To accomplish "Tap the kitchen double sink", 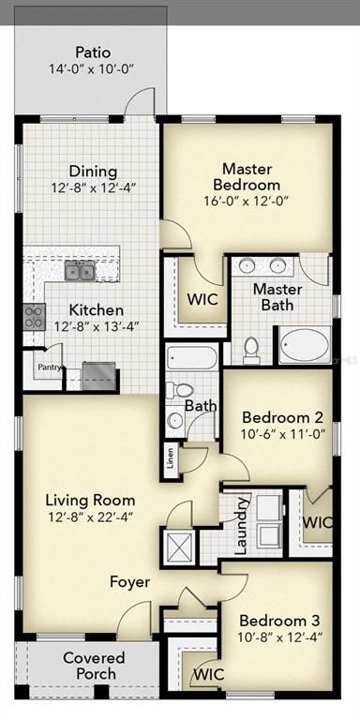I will coord(79,272).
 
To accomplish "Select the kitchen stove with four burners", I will coord(34,316).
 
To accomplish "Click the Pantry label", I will coord(48,368).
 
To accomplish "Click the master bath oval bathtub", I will coord(304,345).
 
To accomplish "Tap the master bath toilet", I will coord(251,349).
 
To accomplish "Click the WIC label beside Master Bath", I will coord(202,301).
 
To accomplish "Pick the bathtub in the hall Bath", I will coord(192,356).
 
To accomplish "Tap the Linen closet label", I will coord(170,457).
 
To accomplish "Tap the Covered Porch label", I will coord(93,666).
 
